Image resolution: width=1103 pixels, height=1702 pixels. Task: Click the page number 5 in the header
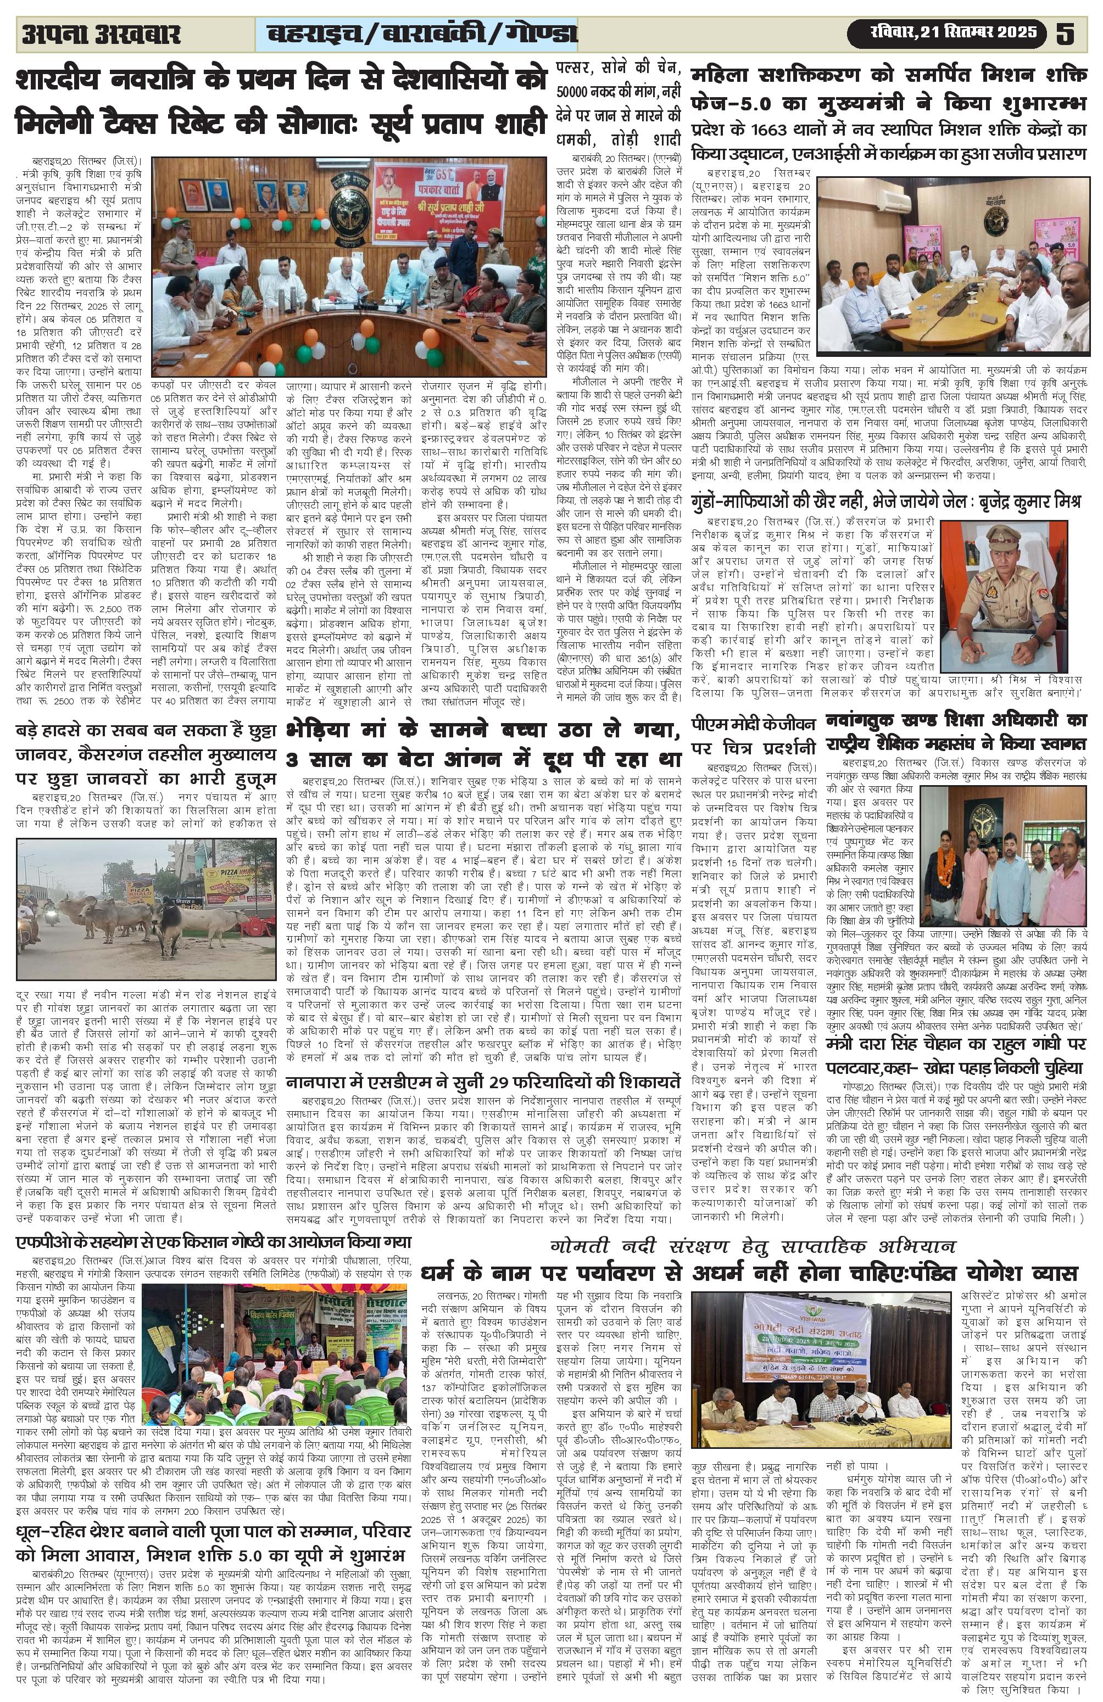click(x=1065, y=33)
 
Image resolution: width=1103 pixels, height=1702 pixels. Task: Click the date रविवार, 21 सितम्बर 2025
click(x=945, y=33)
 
